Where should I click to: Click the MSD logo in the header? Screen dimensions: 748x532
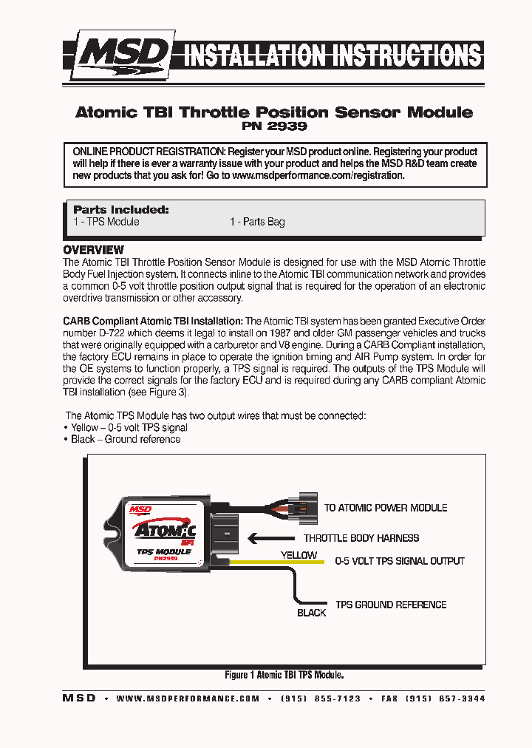(x=124, y=54)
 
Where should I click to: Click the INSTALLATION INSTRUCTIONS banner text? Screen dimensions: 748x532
(x=332, y=55)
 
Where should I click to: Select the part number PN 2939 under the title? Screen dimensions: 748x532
(x=273, y=126)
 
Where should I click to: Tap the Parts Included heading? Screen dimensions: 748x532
(x=121, y=209)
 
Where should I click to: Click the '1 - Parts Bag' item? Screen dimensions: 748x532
(x=256, y=222)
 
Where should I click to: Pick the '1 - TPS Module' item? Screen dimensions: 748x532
(x=106, y=222)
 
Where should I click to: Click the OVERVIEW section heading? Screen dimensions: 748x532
(x=93, y=250)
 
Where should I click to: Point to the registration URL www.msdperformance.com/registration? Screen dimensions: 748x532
(x=318, y=176)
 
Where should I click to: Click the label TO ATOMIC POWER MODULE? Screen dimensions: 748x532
(x=386, y=508)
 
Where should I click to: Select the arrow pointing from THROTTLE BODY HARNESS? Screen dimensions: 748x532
(x=270, y=538)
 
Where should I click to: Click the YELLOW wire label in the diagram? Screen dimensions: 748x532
(x=299, y=554)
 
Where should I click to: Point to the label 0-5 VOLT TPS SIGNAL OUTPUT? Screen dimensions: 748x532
(x=400, y=561)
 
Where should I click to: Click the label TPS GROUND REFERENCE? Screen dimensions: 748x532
(x=391, y=605)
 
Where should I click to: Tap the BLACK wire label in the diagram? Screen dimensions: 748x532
(x=311, y=613)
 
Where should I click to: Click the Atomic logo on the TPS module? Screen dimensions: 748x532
(x=163, y=529)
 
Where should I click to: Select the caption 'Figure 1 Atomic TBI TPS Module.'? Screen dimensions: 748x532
(x=284, y=675)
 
